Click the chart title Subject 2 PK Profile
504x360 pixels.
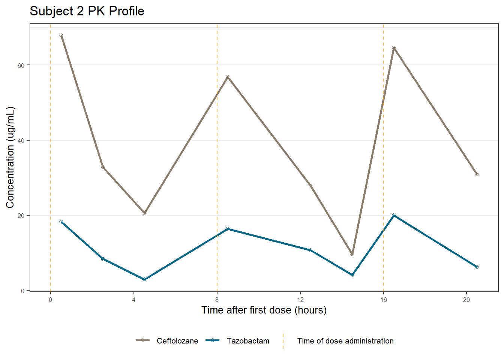(87, 11)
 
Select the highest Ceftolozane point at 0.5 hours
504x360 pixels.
(61, 36)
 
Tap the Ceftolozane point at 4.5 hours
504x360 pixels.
(144, 213)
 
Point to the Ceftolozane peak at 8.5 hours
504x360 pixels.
(228, 77)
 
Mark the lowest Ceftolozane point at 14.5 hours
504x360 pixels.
(352, 254)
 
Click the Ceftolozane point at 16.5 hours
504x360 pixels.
(394, 48)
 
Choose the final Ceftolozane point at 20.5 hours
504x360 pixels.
(477, 174)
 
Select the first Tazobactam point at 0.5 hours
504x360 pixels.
(61, 222)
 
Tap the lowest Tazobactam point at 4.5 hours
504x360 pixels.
(144, 279)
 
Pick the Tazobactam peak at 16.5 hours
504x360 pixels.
(394, 215)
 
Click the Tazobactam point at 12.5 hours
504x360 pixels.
(310, 250)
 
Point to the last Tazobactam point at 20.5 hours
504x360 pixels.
(477, 267)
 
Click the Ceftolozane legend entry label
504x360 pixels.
(177, 341)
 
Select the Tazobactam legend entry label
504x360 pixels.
(248, 341)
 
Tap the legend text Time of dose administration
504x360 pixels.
(345, 341)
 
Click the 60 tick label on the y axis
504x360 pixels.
(21, 65)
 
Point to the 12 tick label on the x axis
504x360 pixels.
(300, 300)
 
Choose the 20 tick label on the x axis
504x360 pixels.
(466, 300)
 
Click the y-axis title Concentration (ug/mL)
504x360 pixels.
(10, 157)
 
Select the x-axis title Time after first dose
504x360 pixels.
(264, 310)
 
